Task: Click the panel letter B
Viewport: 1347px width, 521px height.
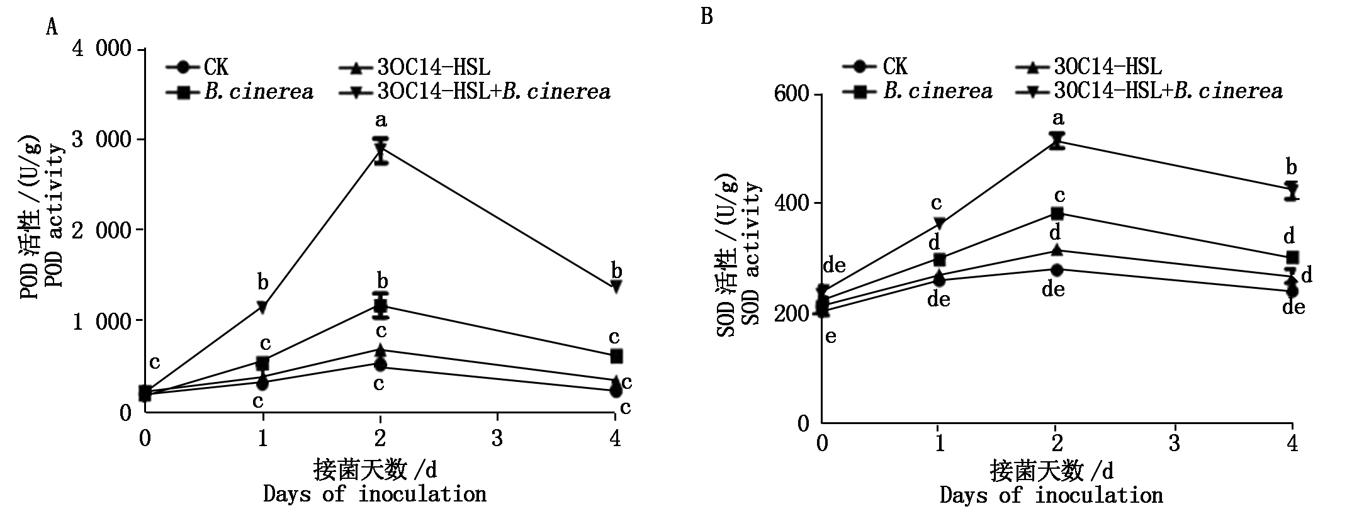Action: pos(706,16)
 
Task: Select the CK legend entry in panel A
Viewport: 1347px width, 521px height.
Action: pos(198,67)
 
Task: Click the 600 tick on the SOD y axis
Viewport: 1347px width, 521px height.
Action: pos(793,95)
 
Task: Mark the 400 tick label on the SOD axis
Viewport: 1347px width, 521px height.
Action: pos(793,204)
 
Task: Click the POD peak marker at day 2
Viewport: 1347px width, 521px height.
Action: pos(380,149)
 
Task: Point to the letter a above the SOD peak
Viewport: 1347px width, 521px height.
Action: pos(1058,118)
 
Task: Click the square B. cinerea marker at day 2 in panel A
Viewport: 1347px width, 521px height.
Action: pos(380,306)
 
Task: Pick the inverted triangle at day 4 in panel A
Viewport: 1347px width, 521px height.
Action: pos(616,286)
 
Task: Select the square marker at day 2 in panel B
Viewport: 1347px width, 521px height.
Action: pos(1057,213)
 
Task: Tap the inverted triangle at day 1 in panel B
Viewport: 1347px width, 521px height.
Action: pos(940,223)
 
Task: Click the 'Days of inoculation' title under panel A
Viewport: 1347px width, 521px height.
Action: pos(375,494)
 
